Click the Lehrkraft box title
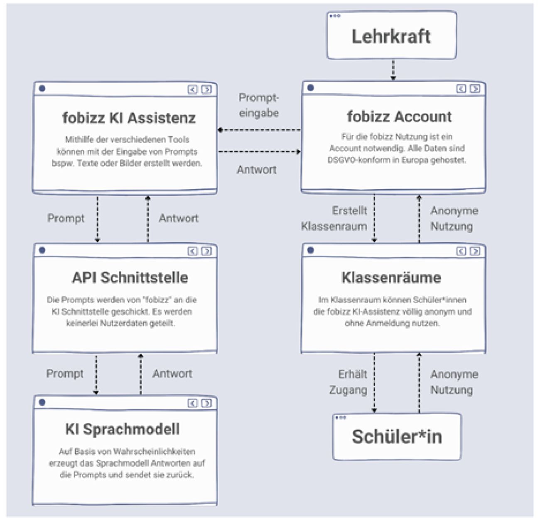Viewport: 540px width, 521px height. (x=391, y=37)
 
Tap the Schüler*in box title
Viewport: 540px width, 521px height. (x=397, y=436)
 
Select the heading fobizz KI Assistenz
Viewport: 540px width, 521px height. (x=129, y=118)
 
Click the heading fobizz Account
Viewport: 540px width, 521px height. (x=399, y=117)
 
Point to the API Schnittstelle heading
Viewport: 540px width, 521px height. (x=130, y=278)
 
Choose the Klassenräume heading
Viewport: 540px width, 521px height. (x=391, y=278)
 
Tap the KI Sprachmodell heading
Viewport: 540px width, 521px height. (x=123, y=429)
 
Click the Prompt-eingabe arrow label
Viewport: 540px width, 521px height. (x=259, y=105)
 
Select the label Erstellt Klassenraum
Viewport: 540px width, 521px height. (x=334, y=218)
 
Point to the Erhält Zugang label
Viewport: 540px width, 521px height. (x=348, y=382)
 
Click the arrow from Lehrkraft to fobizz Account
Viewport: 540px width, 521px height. (x=393, y=70)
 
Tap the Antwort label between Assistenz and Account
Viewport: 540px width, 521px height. (x=256, y=170)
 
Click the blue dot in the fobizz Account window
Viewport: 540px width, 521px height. (x=311, y=88)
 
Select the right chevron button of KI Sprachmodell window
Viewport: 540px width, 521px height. (x=206, y=403)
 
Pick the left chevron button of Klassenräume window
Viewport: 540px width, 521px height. (x=461, y=251)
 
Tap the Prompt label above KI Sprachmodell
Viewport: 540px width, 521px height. (x=65, y=374)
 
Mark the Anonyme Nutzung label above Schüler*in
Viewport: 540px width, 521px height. (x=454, y=382)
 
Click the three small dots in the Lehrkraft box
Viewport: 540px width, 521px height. (x=335, y=16)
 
